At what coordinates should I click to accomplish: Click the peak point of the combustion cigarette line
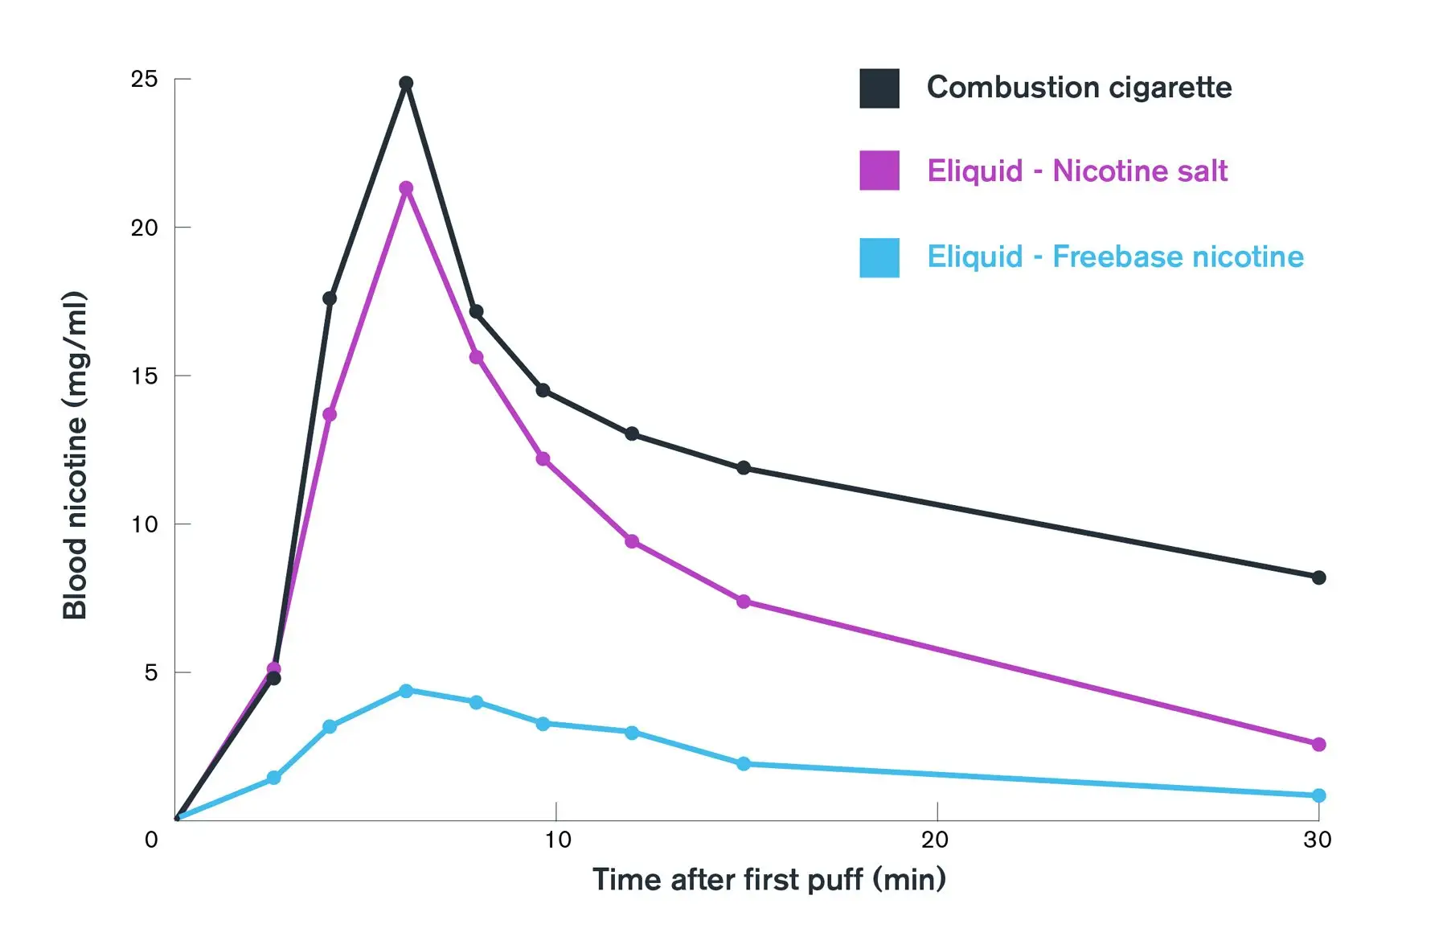[x=406, y=84]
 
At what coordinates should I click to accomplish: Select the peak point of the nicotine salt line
[x=406, y=188]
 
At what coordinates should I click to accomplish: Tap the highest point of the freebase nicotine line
[x=406, y=691]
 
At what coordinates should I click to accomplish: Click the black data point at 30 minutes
[x=1318, y=577]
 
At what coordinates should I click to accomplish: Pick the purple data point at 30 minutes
[x=1318, y=745]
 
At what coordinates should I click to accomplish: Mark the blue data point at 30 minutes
[x=1318, y=795]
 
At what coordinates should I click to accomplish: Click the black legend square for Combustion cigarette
[x=879, y=88]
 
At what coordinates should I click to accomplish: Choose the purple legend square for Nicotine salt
[x=879, y=170]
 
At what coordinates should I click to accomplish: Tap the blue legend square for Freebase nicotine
[x=879, y=257]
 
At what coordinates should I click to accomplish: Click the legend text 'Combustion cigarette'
[x=1079, y=88]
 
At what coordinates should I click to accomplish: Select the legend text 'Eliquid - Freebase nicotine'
[x=1115, y=257]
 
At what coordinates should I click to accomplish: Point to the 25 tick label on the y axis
[x=145, y=79]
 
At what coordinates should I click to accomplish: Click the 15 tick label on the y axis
[x=145, y=376]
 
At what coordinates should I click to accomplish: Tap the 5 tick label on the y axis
[x=150, y=672]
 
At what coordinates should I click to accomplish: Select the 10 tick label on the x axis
[x=557, y=840]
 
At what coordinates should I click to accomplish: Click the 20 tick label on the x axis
[x=935, y=840]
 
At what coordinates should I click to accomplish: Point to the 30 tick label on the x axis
[x=1318, y=840]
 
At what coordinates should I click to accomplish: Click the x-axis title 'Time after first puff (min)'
[x=769, y=880]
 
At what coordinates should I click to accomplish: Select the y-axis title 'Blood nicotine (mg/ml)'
[x=75, y=455]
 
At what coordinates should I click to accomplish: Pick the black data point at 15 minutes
[x=744, y=468]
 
